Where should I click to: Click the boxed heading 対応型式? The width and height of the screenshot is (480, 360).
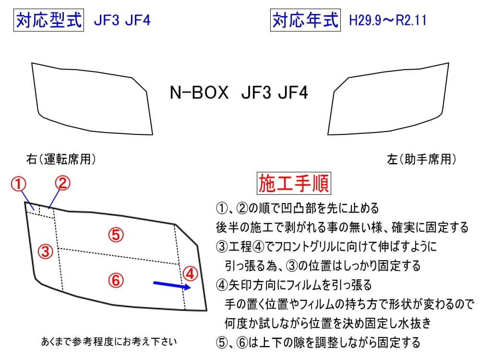pos(49,21)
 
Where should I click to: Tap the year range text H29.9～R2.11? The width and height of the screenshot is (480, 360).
pos(388,21)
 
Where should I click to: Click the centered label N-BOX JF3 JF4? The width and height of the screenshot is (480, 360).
pos(239,92)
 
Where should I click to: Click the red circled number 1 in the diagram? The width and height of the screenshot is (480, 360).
pos(18,183)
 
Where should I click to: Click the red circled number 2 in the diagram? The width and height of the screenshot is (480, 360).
pos(62,182)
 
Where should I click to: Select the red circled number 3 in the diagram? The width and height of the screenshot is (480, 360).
pos(45,251)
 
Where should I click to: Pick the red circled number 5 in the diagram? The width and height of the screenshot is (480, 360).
pos(116,235)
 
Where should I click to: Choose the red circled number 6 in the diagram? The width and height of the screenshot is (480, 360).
pos(116,280)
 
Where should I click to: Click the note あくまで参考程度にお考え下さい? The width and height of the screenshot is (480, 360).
pos(109,342)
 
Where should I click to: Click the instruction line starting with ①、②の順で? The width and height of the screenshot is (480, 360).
pos(298,208)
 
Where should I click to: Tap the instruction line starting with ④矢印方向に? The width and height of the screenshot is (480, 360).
pos(294,285)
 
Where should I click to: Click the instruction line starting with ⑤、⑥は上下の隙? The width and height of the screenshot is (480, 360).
pos(318,342)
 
